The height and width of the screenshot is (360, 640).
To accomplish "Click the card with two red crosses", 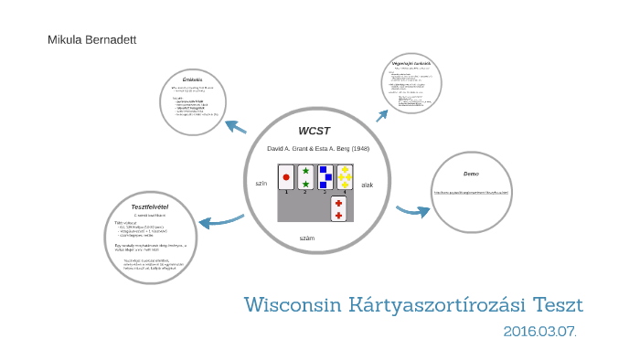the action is [338, 209].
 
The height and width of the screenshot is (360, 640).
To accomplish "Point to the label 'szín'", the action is [261, 184].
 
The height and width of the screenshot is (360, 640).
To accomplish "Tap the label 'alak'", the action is [367, 185].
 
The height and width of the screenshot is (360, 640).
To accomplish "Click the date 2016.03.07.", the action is [539, 331].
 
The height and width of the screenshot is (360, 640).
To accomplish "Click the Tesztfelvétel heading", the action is [150, 206].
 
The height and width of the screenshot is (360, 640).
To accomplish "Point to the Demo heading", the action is [471, 174].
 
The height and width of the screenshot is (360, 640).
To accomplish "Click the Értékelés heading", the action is [193, 79].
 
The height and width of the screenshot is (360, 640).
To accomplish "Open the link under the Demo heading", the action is [470, 192].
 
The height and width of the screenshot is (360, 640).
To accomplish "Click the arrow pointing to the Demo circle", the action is [413, 211].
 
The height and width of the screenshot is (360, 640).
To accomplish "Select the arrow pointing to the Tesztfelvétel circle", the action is [219, 220].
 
